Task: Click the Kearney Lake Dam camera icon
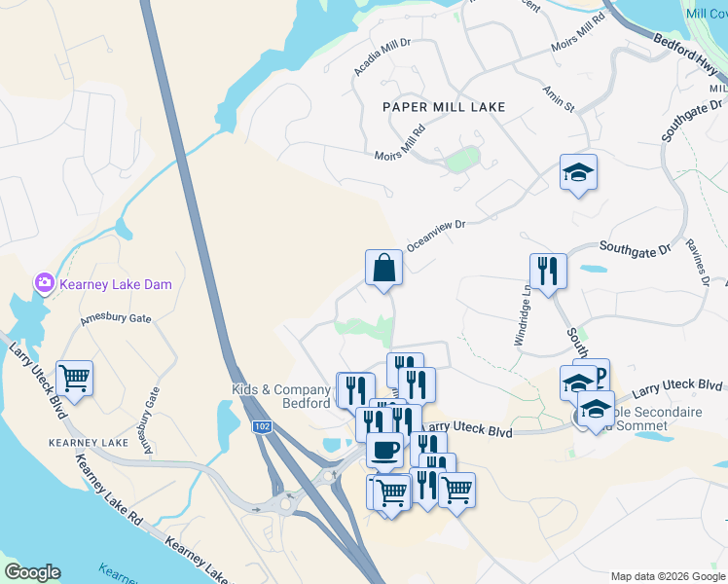tap(44, 283)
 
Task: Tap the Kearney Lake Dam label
tap(115, 284)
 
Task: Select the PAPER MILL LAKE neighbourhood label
tap(444, 107)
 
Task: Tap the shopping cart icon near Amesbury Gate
tap(75, 378)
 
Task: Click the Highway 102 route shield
tap(261, 426)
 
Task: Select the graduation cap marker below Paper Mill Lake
tap(578, 172)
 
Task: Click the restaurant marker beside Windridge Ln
tap(549, 271)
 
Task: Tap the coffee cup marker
tap(385, 450)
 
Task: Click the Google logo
tap(32, 572)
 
